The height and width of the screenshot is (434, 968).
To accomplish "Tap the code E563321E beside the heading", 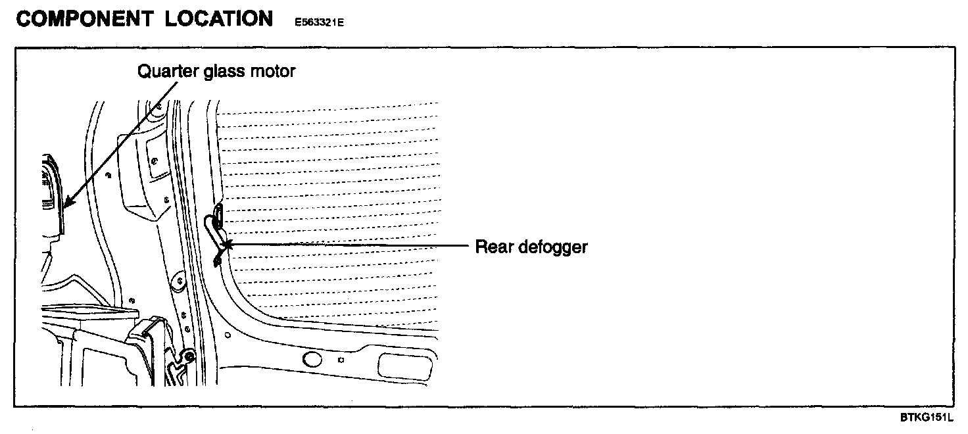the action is pyautogui.click(x=320, y=22).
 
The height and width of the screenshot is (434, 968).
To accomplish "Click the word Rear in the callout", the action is pyautogui.click(x=491, y=247).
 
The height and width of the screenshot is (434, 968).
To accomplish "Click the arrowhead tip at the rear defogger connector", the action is pyautogui.click(x=227, y=246).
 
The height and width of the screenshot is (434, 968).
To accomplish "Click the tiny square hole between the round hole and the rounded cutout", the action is pyautogui.click(x=340, y=360).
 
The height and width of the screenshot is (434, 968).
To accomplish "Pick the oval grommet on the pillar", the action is pyautogui.click(x=176, y=283).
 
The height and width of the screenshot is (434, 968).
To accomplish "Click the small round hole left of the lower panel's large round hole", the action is pyautogui.click(x=228, y=335).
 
